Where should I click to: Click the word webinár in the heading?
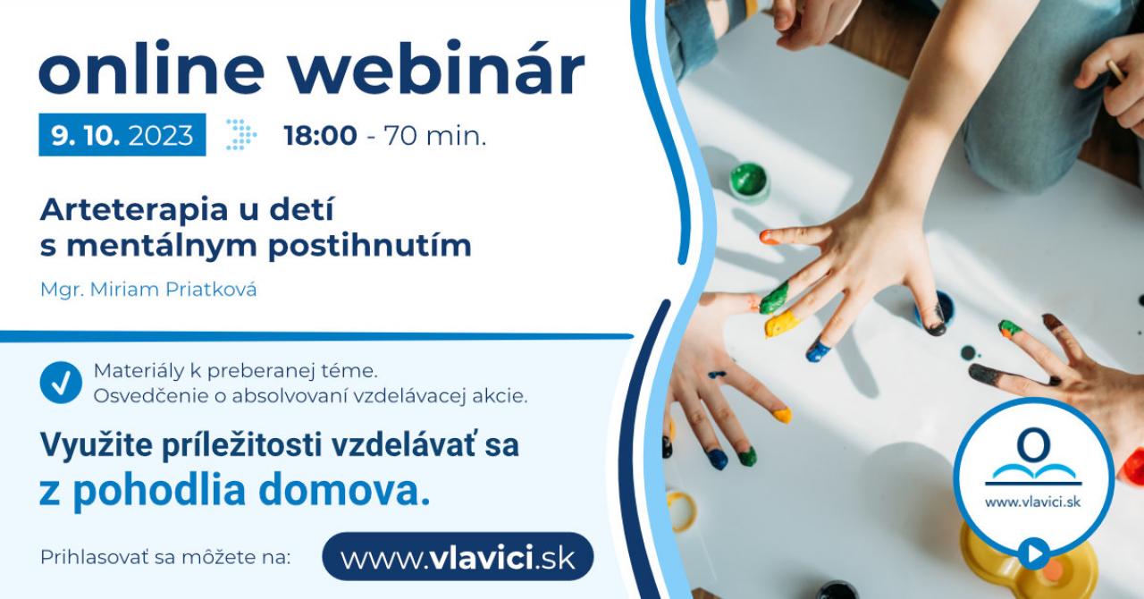point(437,69)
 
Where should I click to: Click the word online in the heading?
point(152,69)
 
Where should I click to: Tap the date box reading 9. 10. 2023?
point(122,135)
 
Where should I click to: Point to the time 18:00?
point(320,136)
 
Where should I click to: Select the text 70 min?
point(434,136)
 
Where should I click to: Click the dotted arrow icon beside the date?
point(241,135)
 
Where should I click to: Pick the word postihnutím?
point(370,247)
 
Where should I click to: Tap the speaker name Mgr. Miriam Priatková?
point(148,290)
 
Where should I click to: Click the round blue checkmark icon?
point(61,383)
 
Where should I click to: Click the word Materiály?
point(139,371)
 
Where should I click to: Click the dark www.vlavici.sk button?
point(458,557)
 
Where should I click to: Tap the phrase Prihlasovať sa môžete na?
point(165,557)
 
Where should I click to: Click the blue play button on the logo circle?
point(1034,553)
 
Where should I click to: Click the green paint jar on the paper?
point(749,182)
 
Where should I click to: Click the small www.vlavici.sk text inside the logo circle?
point(1032,502)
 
